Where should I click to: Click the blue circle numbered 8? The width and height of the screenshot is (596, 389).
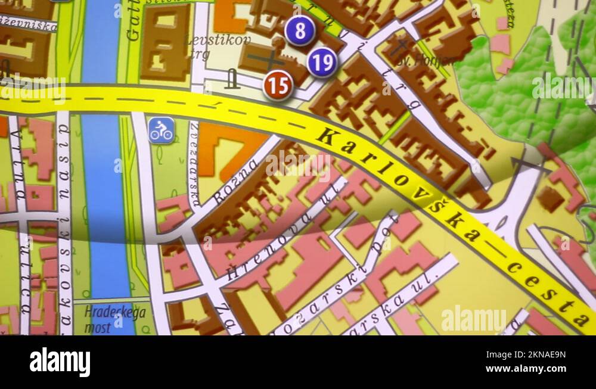point(299,31)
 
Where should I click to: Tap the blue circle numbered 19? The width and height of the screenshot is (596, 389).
point(322,62)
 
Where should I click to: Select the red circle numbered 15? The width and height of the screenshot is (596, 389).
point(278,85)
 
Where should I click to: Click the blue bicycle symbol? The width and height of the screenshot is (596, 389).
point(161,130)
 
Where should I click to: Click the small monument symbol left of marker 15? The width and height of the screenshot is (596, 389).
point(232,79)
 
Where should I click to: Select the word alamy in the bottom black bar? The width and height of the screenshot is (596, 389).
point(60,362)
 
